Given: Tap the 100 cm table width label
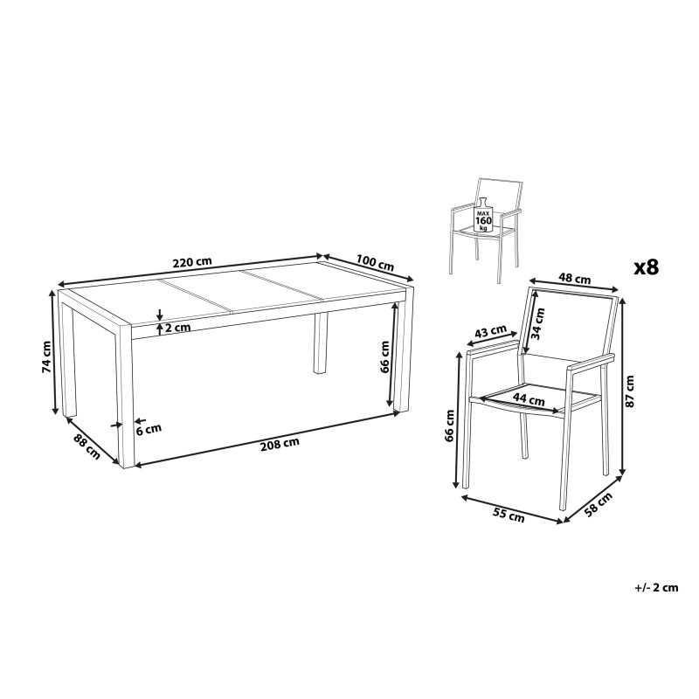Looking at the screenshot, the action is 375,262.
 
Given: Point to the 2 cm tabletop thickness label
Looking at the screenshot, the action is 178,328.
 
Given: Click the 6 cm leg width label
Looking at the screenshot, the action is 149,429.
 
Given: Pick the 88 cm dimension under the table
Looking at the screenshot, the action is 87,446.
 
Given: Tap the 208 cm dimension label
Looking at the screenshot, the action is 280,444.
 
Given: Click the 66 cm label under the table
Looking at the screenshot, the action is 384,356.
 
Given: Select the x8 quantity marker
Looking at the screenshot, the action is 647,267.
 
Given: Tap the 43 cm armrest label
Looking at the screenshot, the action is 490,332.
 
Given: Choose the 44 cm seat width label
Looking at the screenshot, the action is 529,399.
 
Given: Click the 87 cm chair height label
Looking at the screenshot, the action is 629,391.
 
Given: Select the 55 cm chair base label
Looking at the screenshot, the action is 509,515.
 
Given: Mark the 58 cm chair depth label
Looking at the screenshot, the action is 599,504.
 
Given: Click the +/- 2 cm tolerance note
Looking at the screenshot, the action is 656,587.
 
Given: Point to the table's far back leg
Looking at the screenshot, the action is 320,343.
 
